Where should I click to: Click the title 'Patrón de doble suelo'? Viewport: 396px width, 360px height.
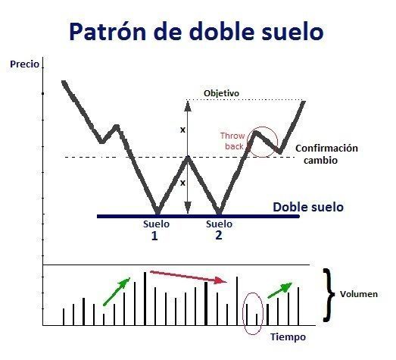point(196,31)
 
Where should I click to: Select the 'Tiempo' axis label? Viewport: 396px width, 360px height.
point(287,335)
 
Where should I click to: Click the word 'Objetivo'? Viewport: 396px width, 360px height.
point(221,93)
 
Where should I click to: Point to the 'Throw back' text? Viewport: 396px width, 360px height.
point(232,140)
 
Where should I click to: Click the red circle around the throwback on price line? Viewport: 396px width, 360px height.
point(262,141)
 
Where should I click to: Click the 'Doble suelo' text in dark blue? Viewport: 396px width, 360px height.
point(307,206)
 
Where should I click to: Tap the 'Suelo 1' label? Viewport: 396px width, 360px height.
point(156,230)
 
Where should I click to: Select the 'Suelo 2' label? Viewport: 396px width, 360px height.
point(219,230)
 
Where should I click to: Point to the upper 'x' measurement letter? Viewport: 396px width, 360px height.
point(182,130)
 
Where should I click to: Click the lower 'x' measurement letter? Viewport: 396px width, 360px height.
point(182,183)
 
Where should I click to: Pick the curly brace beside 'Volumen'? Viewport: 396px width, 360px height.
point(329,294)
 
